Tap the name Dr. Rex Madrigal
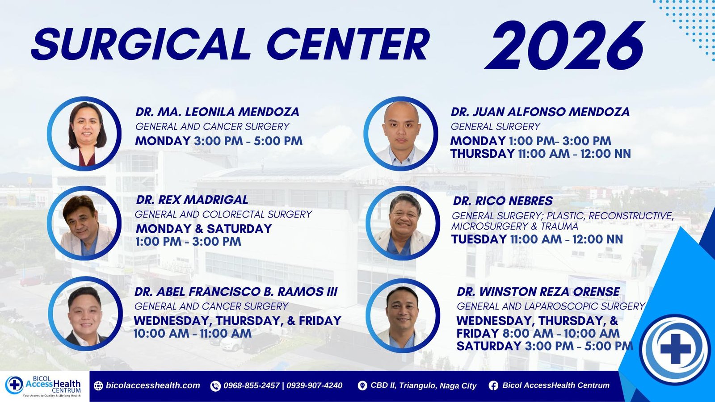pyautogui.click(x=192, y=200)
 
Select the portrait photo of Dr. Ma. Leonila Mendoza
pyautogui.click(x=84, y=134)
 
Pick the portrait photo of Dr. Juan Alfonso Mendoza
pyautogui.click(x=401, y=134)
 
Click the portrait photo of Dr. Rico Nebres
pyautogui.click(x=403, y=223)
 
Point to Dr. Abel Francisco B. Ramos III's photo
pyautogui.click(x=85, y=314)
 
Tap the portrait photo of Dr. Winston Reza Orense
pyautogui.click(x=403, y=315)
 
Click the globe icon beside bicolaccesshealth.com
pyautogui.click(x=98, y=386)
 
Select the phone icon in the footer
pyautogui.click(x=215, y=386)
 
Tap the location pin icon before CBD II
pyautogui.click(x=362, y=386)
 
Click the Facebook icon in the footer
pyautogui.click(x=493, y=386)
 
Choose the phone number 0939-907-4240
pyautogui.click(x=315, y=385)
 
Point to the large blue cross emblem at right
pyautogui.click(x=675, y=348)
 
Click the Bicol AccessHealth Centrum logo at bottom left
pyautogui.click(x=43, y=386)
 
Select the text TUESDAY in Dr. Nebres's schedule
pyautogui.click(x=479, y=239)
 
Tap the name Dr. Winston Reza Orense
pyautogui.click(x=538, y=292)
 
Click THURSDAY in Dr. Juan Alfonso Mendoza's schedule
pyautogui.click(x=482, y=154)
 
